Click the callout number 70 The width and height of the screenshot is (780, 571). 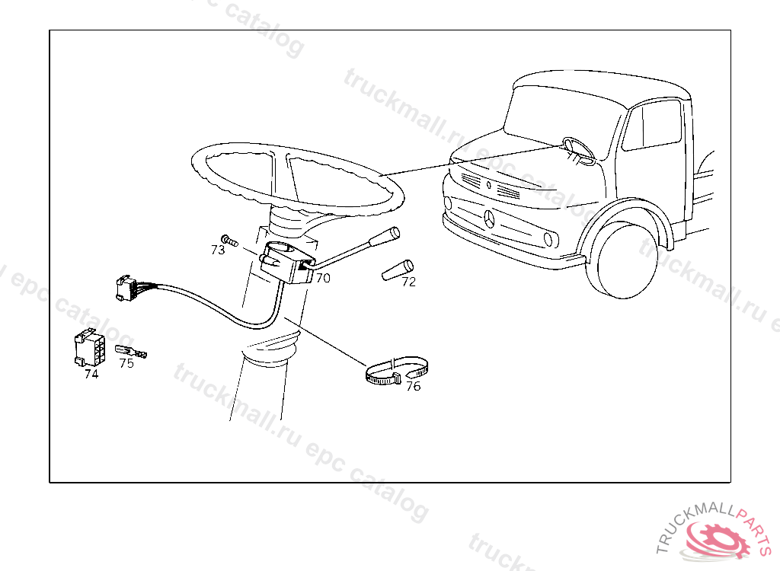click(323, 279)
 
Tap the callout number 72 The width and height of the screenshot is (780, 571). click(408, 282)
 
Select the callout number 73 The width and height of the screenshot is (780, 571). click(218, 250)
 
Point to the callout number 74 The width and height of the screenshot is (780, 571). click(91, 374)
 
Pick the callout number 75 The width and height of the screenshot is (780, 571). click(127, 364)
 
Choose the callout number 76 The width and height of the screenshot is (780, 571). click(414, 387)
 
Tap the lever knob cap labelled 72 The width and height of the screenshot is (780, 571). click(398, 269)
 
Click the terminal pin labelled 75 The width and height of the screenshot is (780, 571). click(131, 352)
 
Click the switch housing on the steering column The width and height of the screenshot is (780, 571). click(287, 262)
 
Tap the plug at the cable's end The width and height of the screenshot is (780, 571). click(126, 288)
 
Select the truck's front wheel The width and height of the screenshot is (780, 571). click(622, 259)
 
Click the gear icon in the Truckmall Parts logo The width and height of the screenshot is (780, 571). click(718, 539)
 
